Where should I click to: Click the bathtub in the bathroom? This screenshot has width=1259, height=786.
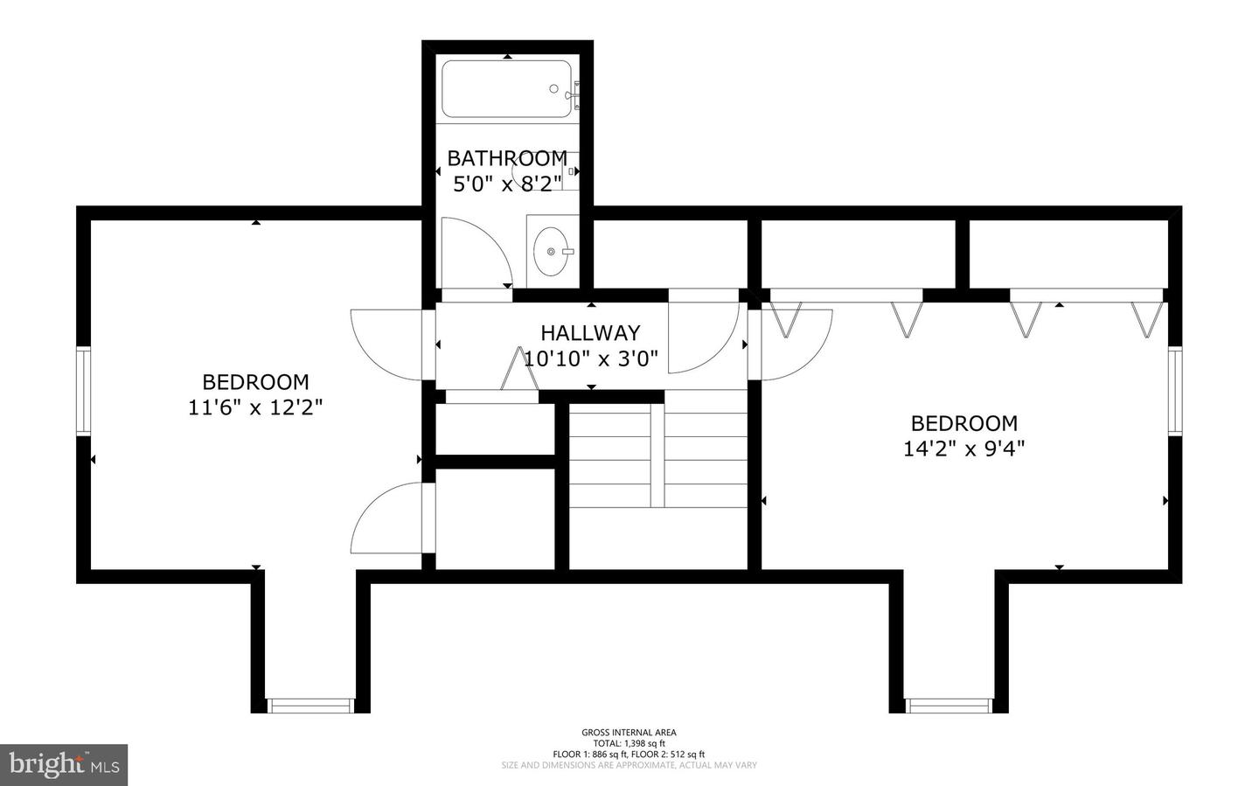507,88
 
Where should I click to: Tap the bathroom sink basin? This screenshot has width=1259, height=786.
552,251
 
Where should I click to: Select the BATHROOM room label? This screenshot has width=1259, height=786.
507,158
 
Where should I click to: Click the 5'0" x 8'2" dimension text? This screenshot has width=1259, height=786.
507,184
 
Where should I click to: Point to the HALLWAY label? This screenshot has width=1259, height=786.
590,333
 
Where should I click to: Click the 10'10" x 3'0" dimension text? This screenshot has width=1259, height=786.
590,358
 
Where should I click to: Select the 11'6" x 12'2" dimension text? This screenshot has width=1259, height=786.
255,407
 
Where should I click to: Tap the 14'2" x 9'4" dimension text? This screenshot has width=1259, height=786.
963,449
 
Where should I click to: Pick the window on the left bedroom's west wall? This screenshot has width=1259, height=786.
83,390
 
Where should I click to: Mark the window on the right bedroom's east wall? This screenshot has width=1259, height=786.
1175,390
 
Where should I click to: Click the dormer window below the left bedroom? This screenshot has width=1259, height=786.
310,705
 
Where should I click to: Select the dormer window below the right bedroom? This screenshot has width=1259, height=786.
949,705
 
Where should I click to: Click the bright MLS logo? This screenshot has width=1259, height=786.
64,765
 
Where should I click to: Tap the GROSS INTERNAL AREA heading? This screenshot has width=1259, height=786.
629,733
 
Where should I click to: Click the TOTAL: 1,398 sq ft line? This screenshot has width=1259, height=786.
629,743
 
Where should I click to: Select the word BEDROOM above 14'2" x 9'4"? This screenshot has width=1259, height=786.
963,423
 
